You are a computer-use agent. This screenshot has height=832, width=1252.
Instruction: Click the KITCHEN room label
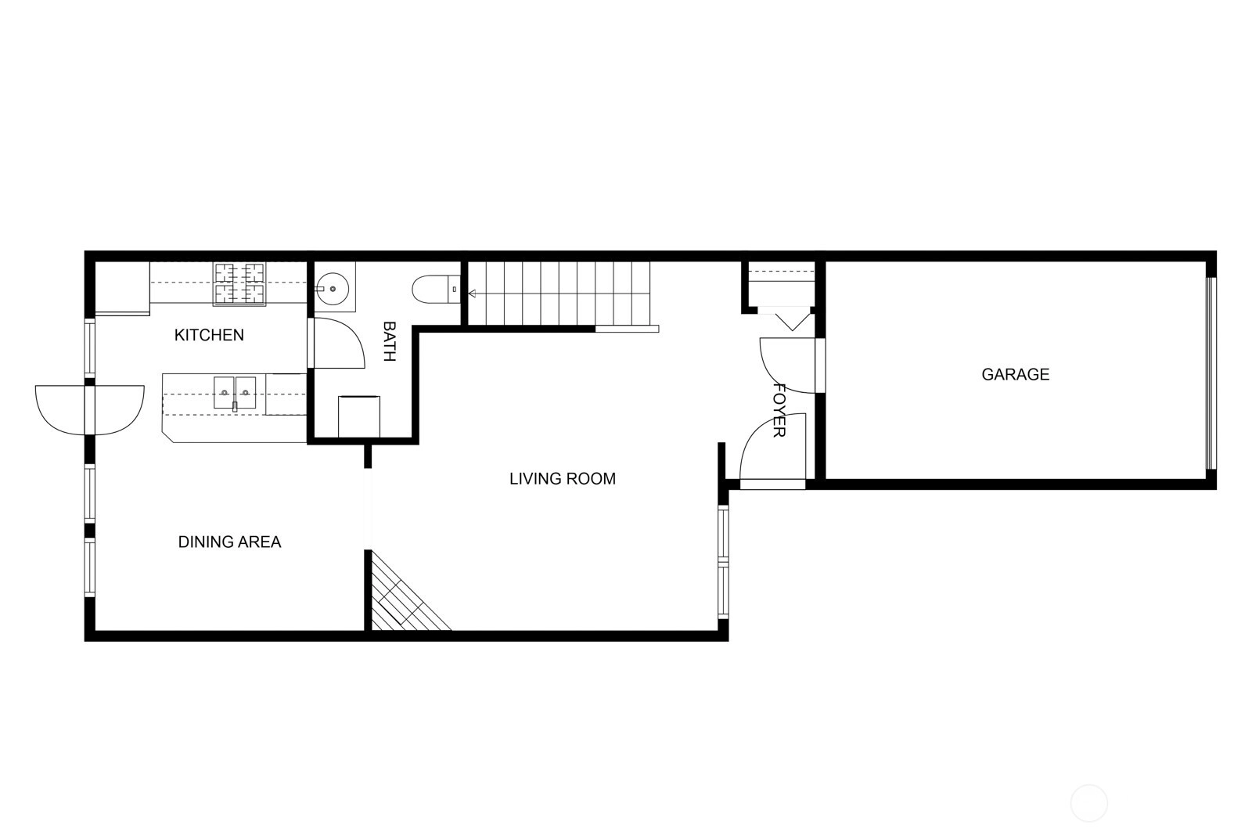pos(209,335)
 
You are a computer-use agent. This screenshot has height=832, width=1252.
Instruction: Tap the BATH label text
pos(389,341)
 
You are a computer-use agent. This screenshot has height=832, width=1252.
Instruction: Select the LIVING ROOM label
pos(563,479)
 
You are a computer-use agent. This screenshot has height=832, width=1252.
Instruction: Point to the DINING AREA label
pos(229,542)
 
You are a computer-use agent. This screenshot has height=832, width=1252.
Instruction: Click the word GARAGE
pos(1016,374)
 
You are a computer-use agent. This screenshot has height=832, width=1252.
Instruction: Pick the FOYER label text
pos(779,410)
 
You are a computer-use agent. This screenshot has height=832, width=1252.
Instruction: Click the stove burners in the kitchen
pos(239,284)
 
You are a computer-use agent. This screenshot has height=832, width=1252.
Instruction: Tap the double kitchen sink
pos(235,392)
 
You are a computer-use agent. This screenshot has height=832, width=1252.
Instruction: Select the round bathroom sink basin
pos(332,289)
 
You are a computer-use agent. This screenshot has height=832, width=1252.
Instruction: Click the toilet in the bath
pos(436,289)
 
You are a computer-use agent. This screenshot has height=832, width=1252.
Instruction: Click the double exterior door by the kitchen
pos(89,410)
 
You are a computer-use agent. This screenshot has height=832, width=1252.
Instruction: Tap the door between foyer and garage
pos(787,365)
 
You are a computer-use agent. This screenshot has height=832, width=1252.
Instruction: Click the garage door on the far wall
pos(1211,373)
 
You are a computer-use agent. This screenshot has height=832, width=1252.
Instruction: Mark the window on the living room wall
pos(723,561)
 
